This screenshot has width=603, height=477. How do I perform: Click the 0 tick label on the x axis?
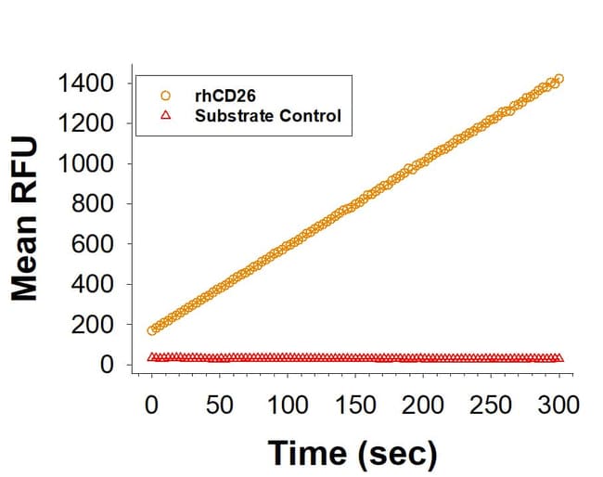(152, 406)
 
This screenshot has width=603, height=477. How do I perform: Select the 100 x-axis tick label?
(288, 406)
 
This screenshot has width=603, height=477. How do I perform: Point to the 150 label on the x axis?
(356, 406)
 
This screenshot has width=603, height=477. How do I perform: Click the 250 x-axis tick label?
(492, 406)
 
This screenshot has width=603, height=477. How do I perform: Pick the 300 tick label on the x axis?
(559, 406)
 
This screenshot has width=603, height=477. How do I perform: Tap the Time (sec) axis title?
(352, 454)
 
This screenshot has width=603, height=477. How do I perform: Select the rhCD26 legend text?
(225, 95)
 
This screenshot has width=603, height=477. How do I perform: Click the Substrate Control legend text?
(268, 116)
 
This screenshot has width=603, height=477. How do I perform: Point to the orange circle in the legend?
(165, 95)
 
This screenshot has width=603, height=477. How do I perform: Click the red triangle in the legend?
(165, 116)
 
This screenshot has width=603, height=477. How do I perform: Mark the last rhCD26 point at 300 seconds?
(558, 79)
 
